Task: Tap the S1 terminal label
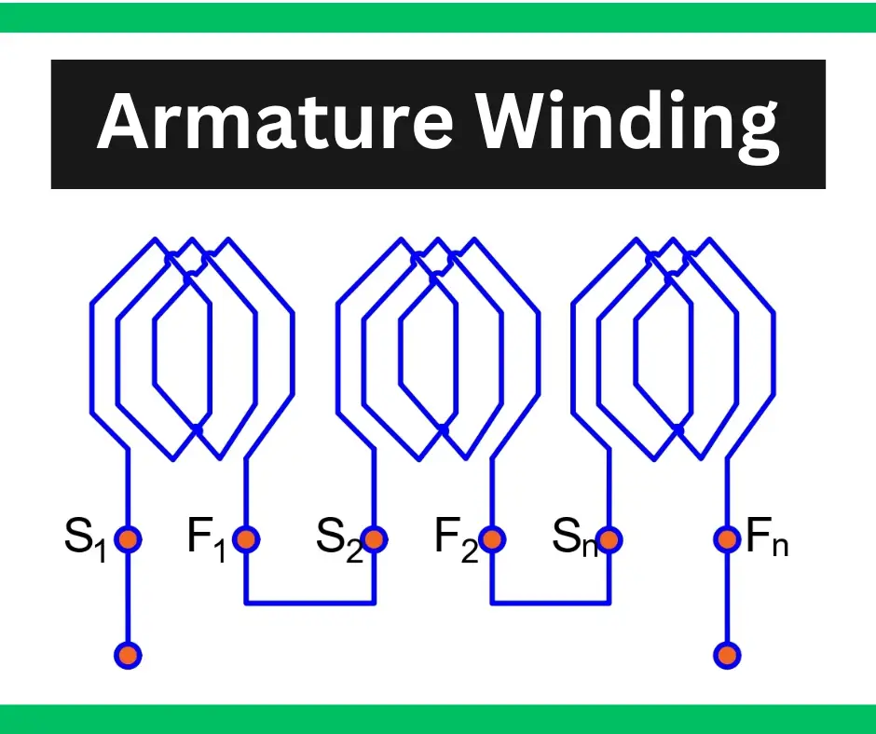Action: (86, 539)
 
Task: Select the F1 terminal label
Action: (206, 539)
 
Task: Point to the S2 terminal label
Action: (338, 539)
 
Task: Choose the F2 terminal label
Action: (456, 539)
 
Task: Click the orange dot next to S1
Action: (128, 539)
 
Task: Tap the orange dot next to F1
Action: (246, 539)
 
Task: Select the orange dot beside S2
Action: (375, 539)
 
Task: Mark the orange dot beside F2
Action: (492, 539)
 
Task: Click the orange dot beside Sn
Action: (609, 539)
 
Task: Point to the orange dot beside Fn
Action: (728, 539)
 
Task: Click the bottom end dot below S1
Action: (128, 655)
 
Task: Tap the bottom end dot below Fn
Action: (728, 655)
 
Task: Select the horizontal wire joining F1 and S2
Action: (310, 603)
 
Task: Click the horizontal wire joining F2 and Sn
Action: (551, 603)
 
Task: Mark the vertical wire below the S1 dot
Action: (128, 598)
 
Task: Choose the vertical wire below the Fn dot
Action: (728, 598)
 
